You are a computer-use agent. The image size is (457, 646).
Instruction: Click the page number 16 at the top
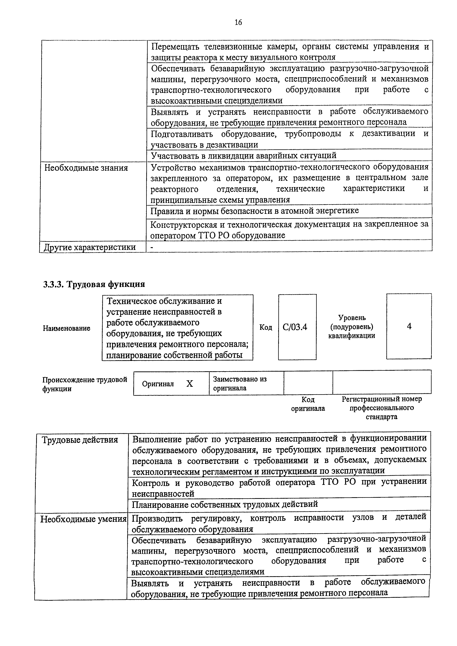[x=238, y=22]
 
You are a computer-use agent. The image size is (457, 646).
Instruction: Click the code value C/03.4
[x=295, y=327]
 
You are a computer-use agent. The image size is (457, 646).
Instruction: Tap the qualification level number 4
[x=409, y=326]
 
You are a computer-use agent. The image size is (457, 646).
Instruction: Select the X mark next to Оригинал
[x=190, y=383]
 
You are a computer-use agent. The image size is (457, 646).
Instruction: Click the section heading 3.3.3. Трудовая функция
[x=94, y=284]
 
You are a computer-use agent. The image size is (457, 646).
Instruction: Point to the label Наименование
[x=66, y=328]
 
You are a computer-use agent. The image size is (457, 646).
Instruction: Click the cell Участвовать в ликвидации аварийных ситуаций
[x=244, y=155]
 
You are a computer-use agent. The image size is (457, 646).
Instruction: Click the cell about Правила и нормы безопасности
[x=255, y=211]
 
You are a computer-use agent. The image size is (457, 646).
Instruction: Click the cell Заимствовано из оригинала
[x=240, y=383]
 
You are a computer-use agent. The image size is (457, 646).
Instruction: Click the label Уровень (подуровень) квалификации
[x=352, y=327]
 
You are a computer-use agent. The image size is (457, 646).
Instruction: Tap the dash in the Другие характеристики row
[x=152, y=247]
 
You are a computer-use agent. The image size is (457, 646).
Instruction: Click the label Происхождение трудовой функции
[x=84, y=384]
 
